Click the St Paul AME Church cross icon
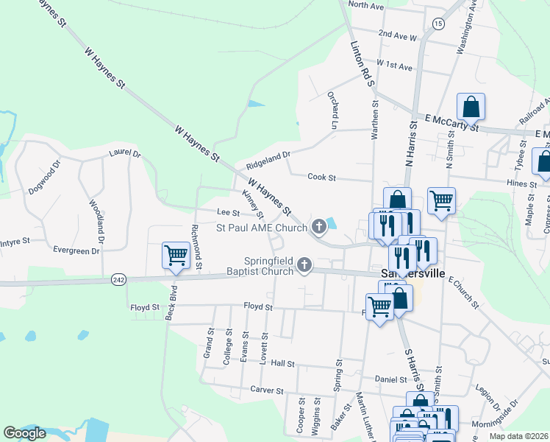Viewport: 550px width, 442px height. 319,226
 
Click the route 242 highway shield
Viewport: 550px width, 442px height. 118,280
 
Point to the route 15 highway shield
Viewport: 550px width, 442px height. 438,24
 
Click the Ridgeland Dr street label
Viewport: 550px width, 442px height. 269,155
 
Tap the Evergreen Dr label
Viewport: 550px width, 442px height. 76,250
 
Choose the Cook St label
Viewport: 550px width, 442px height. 321,178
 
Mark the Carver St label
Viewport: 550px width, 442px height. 266,390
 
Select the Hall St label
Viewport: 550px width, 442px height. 282,364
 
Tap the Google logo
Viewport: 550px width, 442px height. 24,433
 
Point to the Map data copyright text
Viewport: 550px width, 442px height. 520,436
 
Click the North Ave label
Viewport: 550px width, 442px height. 366,6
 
